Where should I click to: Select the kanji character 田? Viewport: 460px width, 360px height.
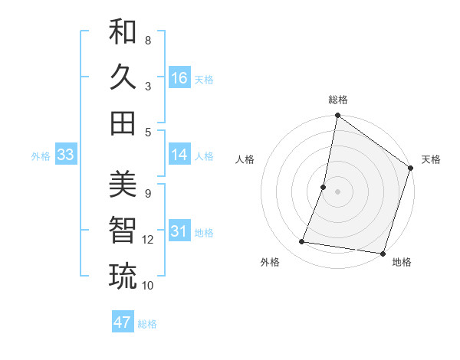point(123,123)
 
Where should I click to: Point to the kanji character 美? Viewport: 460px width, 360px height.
point(123,184)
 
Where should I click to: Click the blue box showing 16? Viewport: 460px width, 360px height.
point(179,78)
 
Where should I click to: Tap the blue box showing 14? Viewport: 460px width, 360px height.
point(179,155)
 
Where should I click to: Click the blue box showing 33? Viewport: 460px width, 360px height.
point(65,155)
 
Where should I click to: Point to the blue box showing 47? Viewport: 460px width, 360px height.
point(123,322)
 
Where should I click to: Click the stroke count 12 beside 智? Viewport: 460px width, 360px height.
point(148,240)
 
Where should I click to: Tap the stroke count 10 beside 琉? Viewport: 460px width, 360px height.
point(148,286)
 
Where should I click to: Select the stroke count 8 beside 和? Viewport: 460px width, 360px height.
point(148,40)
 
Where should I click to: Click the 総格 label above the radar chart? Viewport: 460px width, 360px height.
point(338,100)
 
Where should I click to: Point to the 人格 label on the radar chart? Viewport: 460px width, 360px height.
point(245,159)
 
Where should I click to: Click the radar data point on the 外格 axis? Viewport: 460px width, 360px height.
point(302,242)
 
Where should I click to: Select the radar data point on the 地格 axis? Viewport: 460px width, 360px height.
point(383,253)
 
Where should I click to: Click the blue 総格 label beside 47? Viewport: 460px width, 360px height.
point(147,324)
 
